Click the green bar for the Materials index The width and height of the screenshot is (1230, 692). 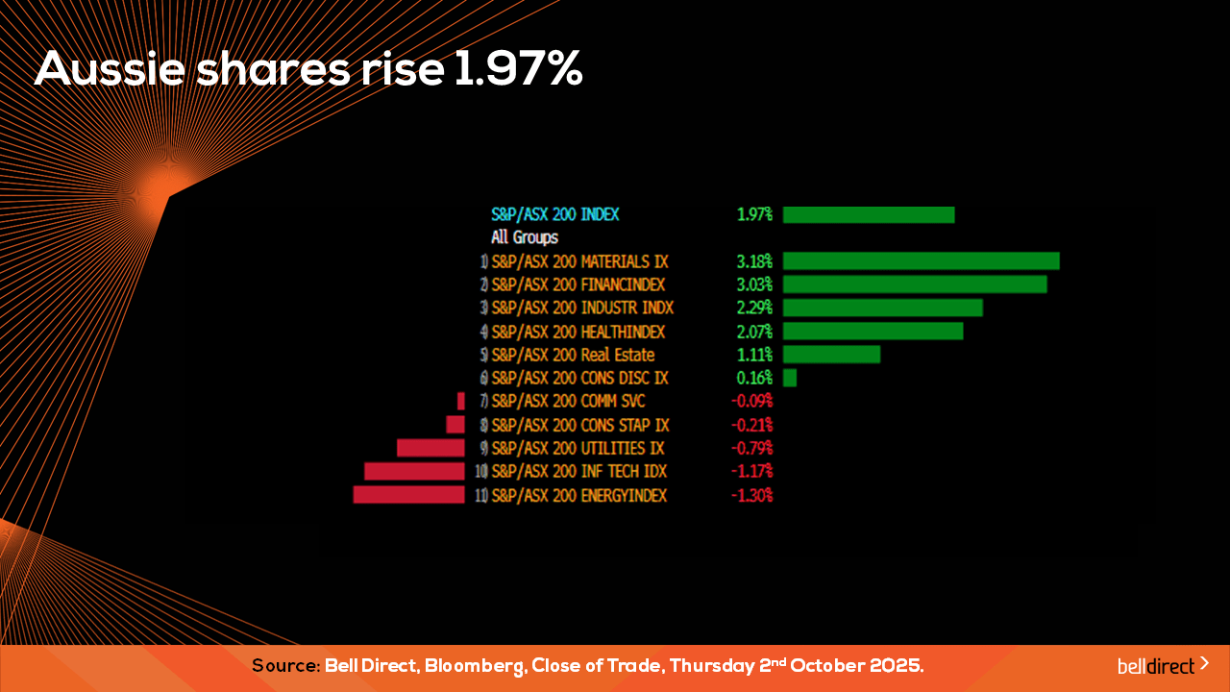click(921, 261)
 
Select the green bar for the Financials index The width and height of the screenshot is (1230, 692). click(914, 284)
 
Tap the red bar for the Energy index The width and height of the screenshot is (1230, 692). click(408, 495)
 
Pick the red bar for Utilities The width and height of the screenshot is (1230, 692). click(430, 448)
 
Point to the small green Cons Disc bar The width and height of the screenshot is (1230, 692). click(790, 378)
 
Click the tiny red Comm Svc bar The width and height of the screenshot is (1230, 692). click(461, 401)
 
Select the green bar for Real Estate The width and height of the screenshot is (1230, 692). click(831, 355)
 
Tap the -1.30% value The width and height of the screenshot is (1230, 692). click(751, 495)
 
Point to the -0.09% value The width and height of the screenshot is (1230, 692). click(751, 401)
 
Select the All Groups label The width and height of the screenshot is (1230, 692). click(525, 237)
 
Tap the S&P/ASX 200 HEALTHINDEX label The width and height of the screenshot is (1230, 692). click(578, 332)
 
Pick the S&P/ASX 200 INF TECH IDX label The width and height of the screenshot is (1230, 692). click(578, 471)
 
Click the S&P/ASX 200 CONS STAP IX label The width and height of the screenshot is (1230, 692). click(579, 425)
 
